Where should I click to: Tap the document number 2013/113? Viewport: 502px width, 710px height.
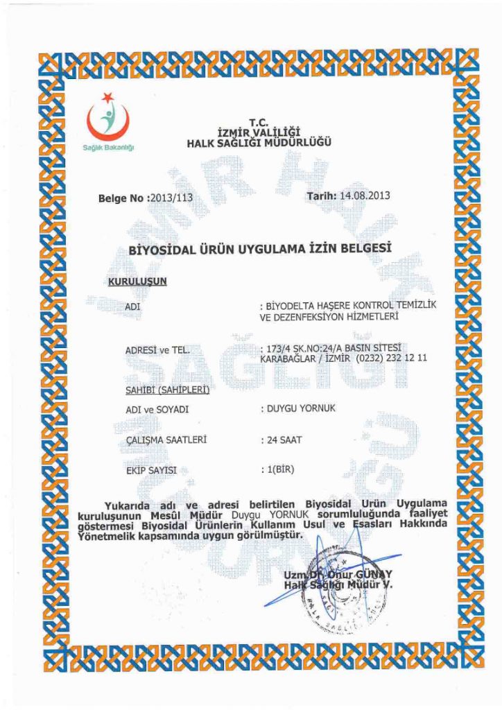coord(171,198)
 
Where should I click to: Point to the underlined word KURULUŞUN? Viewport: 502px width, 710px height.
coord(138,282)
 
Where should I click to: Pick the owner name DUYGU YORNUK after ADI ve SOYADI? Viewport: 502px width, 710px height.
coord(302,408)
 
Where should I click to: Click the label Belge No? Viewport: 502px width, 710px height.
coord(122,198)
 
